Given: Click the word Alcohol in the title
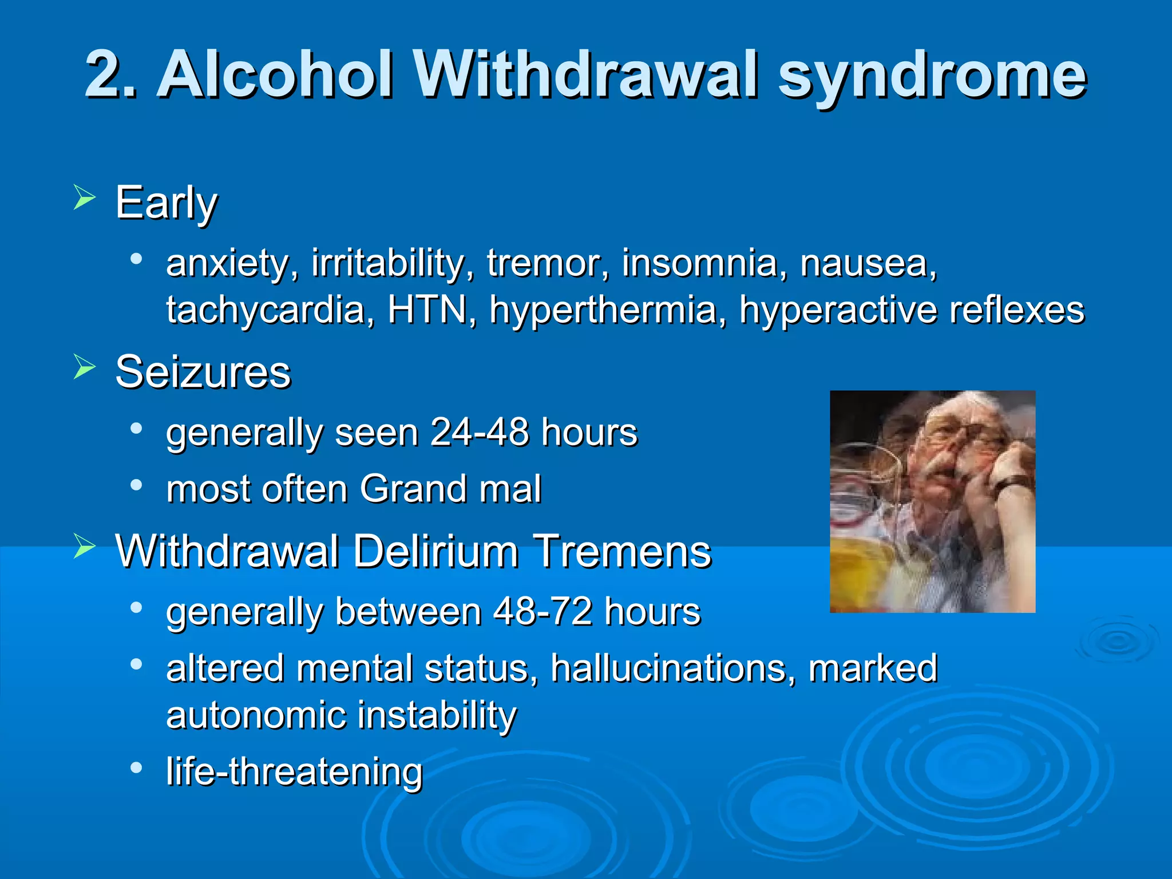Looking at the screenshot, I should [275, 75].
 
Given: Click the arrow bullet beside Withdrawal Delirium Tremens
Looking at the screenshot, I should [85, 546].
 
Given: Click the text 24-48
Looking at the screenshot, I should [479, 432].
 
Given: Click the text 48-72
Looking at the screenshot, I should [543, 611].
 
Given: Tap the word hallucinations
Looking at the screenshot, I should [673, 668].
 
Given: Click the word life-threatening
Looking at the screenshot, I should [294, 771].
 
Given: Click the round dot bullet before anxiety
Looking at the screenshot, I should [136, 259].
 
